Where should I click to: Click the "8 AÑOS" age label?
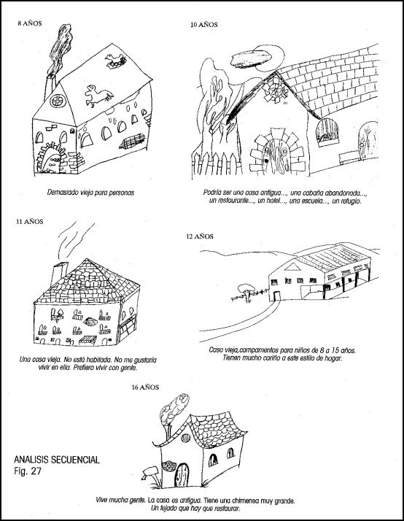click(x=30, y=23)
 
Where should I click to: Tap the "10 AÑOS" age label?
click(x=204, y=25)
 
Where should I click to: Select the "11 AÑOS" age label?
click(x=30, y=222)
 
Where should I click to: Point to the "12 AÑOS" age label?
click(x=200, y=236)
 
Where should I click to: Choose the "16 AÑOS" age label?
click(x=145, y=387)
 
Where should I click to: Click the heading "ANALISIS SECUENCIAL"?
click(x=57, y=460)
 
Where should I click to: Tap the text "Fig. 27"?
click(x=28, y=471)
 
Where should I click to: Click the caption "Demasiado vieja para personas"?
click(x=90, y=193)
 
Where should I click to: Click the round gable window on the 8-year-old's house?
click(x=58, y=101)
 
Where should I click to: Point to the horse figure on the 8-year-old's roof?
click(x=98, y=96)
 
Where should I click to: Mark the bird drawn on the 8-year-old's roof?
click(x=115, y=61)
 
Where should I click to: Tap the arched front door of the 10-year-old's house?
click(x=276, y=156)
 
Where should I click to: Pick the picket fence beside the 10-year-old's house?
click(x=217, y=163)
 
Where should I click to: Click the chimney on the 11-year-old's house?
click(x=59, y=274)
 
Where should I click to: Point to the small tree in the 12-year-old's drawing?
click(x=246, y=292)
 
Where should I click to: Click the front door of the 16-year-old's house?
click(x=182, y=475)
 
